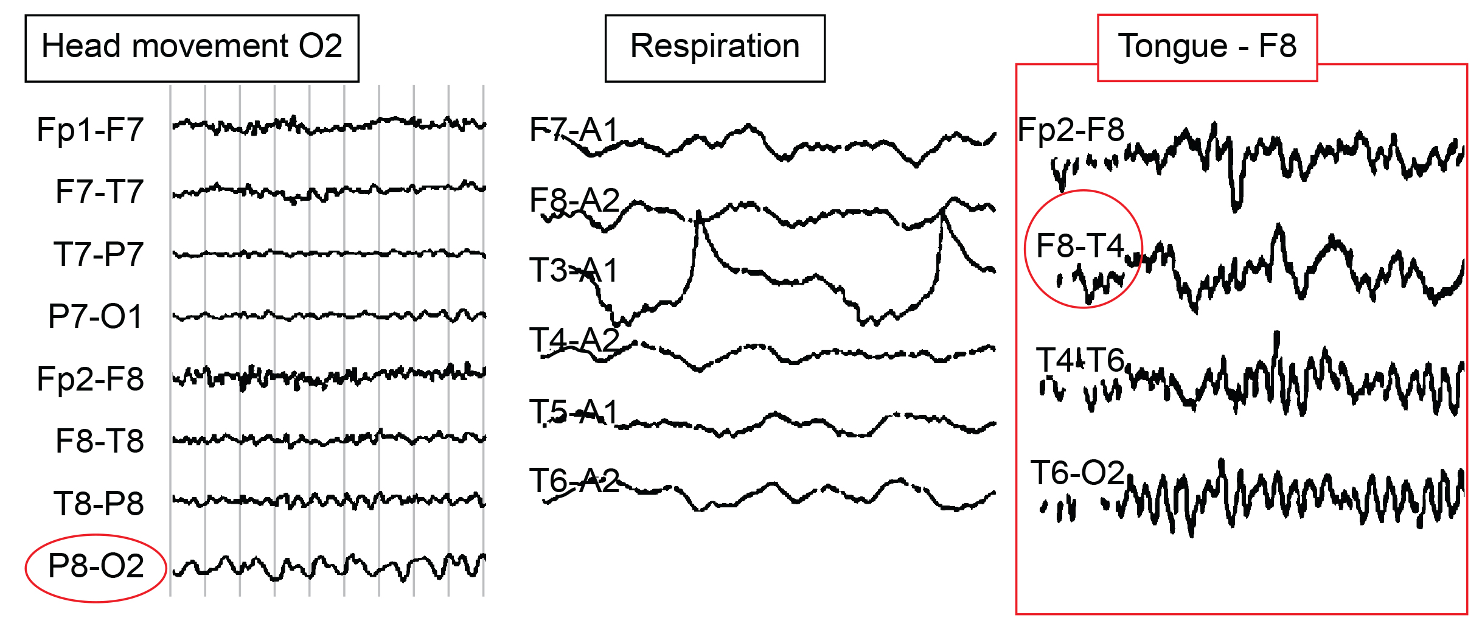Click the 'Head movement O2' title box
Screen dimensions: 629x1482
[192, 48]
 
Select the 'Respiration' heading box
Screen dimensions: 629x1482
[715, 48]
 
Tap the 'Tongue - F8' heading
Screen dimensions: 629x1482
[1207, 47]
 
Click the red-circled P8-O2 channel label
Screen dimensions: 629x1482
[96, 567]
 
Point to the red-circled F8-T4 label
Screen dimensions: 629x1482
[1080, 247]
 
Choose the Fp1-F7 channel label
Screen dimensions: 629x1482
[90, 130]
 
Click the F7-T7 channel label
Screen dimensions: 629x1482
[99, 192]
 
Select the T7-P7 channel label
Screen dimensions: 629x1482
[99, 255]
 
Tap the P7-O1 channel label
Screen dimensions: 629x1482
[96, 317]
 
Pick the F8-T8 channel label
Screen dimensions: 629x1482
[99, 442]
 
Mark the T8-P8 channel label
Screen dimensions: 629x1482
[99, 504]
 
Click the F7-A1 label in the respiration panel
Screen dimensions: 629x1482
[574, 130]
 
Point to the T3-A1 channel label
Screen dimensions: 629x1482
[574, 271]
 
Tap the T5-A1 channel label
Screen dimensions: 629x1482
[574, 412]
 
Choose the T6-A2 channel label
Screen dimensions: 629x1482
[574, 481]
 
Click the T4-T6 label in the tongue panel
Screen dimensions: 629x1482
[1080, 360]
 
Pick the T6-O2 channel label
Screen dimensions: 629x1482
[1077, 473]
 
